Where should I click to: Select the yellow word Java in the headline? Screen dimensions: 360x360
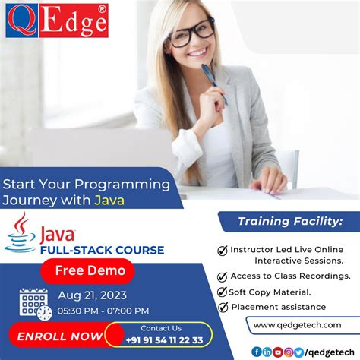point(109,201)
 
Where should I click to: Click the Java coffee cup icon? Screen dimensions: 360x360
point(21,232)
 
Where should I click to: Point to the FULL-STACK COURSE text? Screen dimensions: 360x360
point(102,249)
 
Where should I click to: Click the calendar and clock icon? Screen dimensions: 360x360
point(34,303)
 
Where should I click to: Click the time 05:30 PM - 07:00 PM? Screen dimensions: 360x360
point(103,311)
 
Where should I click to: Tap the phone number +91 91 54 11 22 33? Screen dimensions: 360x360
point(166,340)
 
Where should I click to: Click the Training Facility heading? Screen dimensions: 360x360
point(289,221)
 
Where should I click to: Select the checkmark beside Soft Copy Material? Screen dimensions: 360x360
point(223,292)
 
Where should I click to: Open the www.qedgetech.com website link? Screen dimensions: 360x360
point(297,325)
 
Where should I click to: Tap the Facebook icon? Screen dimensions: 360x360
point(256,352)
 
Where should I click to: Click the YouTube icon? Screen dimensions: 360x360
point(278,352)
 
